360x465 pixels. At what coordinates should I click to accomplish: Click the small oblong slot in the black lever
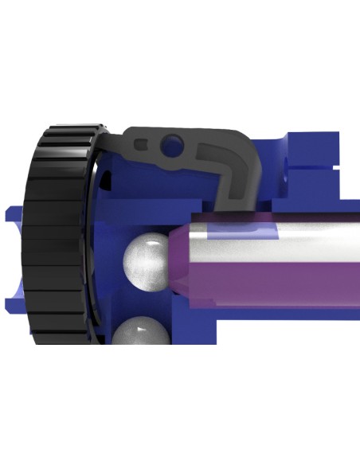tap(142, 145)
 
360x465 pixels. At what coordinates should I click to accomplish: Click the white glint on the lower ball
tap(141, 325)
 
